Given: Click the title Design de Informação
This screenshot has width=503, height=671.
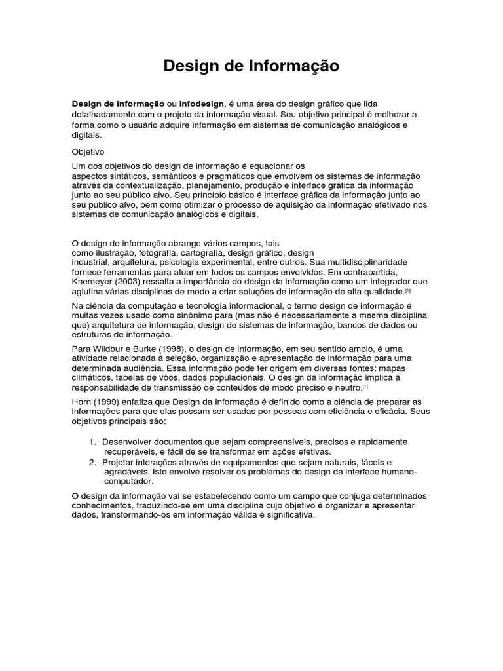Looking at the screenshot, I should click(251, 66).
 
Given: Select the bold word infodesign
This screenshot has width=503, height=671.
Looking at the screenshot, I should click(201, 104).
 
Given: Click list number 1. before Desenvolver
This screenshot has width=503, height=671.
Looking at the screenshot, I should click(93, 442).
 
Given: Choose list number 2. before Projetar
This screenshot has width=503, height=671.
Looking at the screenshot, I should click(93, 462).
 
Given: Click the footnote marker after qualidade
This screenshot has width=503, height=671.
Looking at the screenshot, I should click(407, 290).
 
